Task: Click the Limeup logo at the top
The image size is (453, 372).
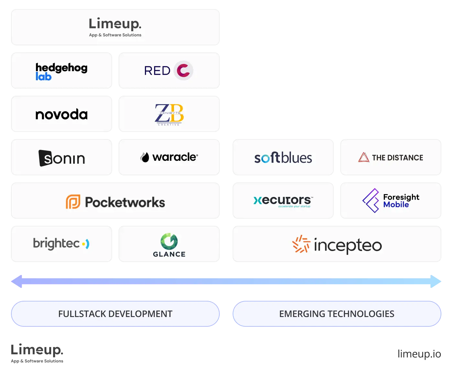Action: (x=115, y=27)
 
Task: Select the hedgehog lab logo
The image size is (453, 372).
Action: (x=61, y=71)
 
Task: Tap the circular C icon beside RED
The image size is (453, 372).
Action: (x=183, y=71)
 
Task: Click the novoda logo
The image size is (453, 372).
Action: (x=61, y=115)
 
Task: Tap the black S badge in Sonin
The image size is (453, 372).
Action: (x=45, y=158)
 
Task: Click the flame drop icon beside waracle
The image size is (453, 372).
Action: (x=145, y=157)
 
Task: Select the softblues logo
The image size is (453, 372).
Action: (x=283, y=158)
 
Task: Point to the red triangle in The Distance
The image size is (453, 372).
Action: (x=364, y=157)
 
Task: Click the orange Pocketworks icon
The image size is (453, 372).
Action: (x=73, y=202)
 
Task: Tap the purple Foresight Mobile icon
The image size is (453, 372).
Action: (x=371, y=201)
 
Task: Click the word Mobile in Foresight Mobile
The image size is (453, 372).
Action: (x=396, y=205)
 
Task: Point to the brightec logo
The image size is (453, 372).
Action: (x=61, y=244)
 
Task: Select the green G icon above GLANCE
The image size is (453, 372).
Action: (x=169, y=241)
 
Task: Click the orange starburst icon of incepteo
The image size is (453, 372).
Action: (x=301, y=244)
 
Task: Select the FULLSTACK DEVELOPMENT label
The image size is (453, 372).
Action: (x=115, y=314)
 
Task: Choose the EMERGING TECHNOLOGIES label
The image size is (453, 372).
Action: (x=337, y=314)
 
